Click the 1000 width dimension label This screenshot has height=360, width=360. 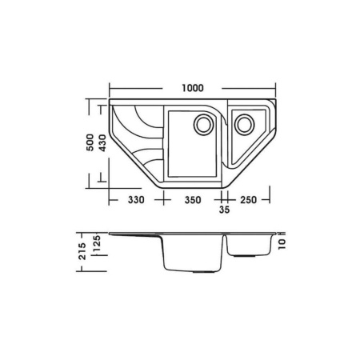(193, 88)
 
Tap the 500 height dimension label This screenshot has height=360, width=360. (90, 142)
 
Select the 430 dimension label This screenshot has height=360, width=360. (102, 143)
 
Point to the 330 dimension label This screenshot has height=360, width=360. (136, 200)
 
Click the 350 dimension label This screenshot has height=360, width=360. (193, 200)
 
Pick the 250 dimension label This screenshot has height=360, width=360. (248, 200)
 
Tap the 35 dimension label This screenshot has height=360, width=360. (224, 210)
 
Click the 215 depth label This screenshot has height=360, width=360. (82, 251)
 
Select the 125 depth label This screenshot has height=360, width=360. (97, 243)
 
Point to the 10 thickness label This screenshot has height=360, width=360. (282, 244)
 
